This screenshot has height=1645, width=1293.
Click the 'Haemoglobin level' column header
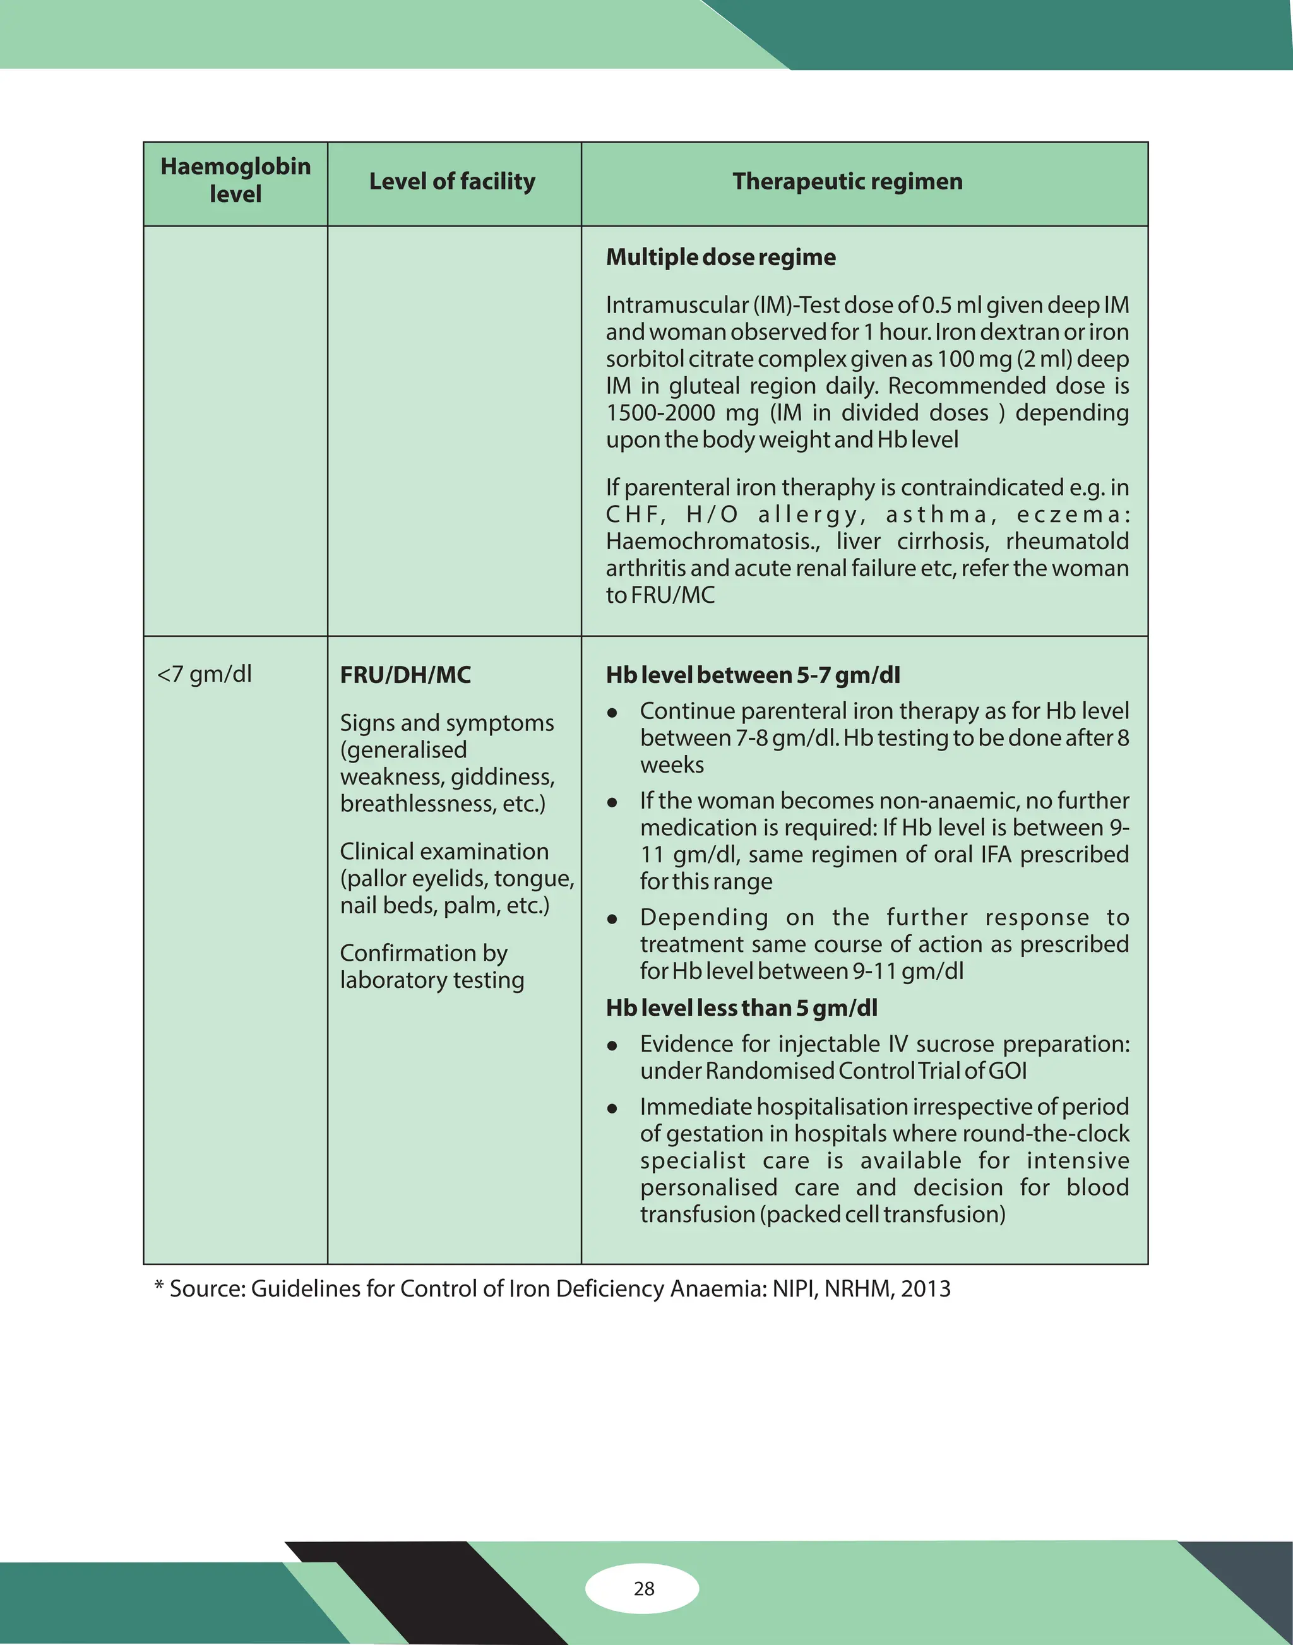(x=235, y=180)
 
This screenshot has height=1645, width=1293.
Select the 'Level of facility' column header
(x=452, y=182)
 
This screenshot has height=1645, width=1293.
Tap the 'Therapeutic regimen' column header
(x=847, y=182)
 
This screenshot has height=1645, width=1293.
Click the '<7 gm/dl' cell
(x=204, y=674)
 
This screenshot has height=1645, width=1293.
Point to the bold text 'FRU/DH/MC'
(x=405, y=675)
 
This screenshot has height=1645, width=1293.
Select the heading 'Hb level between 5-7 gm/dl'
(x=753, y=675)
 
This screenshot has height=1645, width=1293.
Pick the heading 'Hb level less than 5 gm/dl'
(x=741, y=1008)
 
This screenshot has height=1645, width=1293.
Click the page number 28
(x=643, y=1588)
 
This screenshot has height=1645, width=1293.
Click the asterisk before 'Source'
(x=159, y=1286)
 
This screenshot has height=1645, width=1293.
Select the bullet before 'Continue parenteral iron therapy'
(x=612, y=713)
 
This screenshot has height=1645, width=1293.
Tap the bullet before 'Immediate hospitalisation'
(x=612, y=1109)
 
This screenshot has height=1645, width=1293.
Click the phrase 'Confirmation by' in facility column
(x=423, y=953)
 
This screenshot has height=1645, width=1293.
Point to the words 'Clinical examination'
(x=444, y=851)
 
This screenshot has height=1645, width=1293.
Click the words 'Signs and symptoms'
(x=446, y=722)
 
